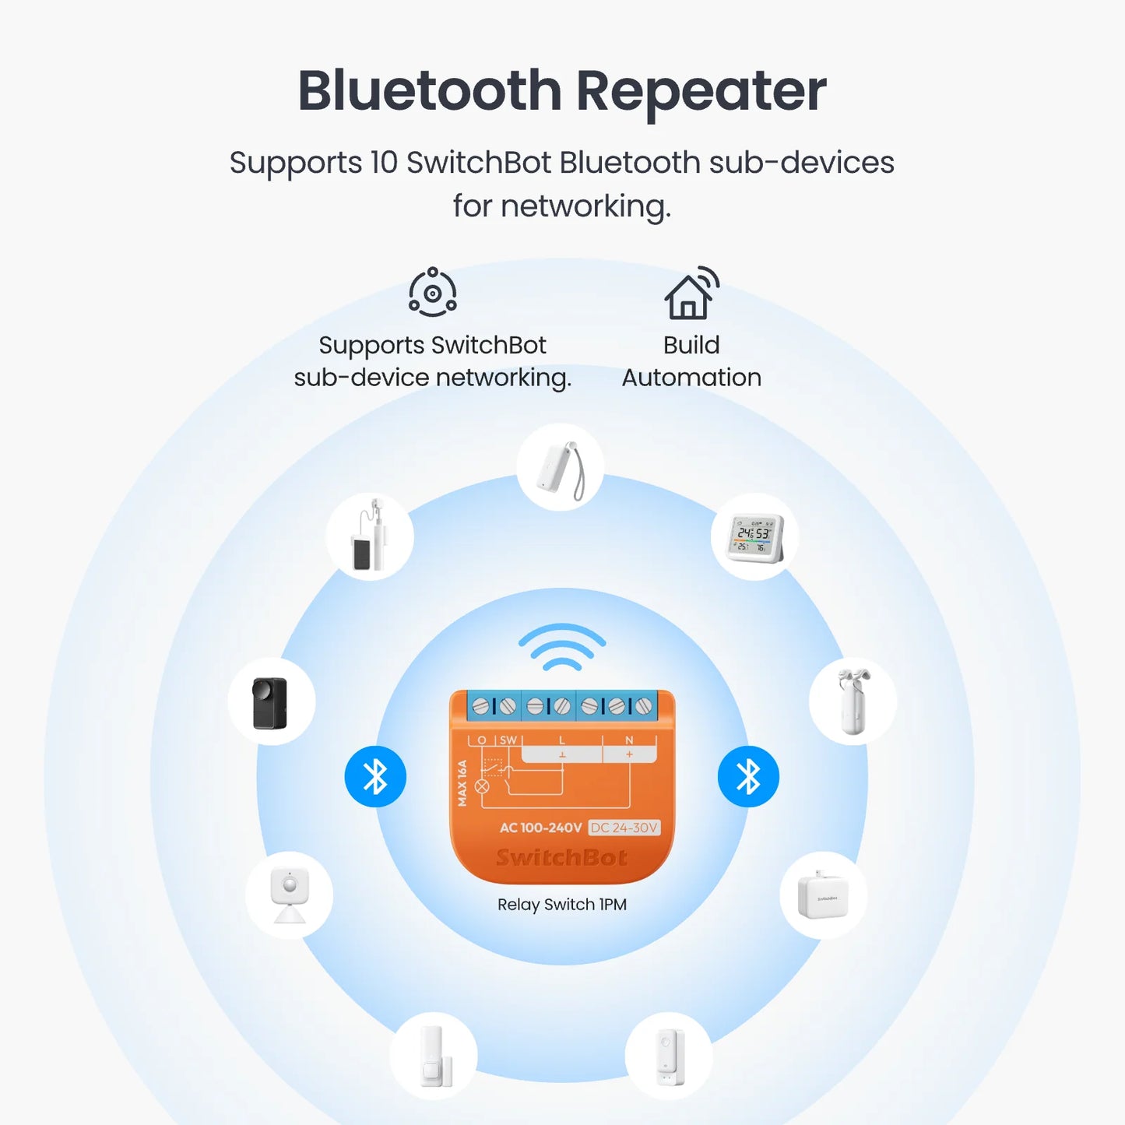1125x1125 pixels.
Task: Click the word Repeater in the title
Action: [x=701, y=92]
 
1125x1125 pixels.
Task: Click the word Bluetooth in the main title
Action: [x=429, y=92]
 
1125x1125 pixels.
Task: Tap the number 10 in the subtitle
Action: [x=384, y=163]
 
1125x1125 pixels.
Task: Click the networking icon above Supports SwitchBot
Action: [x=433, y=292]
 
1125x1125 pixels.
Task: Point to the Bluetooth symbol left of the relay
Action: [x=375, y=776]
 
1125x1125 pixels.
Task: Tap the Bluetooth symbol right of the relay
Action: [x=748, y=776]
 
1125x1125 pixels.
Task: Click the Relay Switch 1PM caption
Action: [x=562, y=905]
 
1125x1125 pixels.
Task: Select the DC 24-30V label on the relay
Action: [x=624, y=828]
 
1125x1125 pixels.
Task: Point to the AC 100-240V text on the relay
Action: [x=540, y=828]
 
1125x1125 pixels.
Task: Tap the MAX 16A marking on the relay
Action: [x=462, y=782]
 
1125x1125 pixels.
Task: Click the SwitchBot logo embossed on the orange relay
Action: [x=562, y=858]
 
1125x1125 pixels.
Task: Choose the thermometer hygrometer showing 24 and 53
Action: [x=754, y=537]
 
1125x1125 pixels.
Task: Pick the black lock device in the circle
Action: [x=271, y=702]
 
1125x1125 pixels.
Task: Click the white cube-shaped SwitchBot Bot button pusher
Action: [x=823, y=896]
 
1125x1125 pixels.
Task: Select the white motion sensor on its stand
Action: [x=290, y=895]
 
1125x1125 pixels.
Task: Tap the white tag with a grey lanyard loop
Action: [x=561, y=468]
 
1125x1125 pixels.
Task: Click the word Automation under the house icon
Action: [x=691, y=378]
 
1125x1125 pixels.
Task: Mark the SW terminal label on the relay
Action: [x=508, y=740]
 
